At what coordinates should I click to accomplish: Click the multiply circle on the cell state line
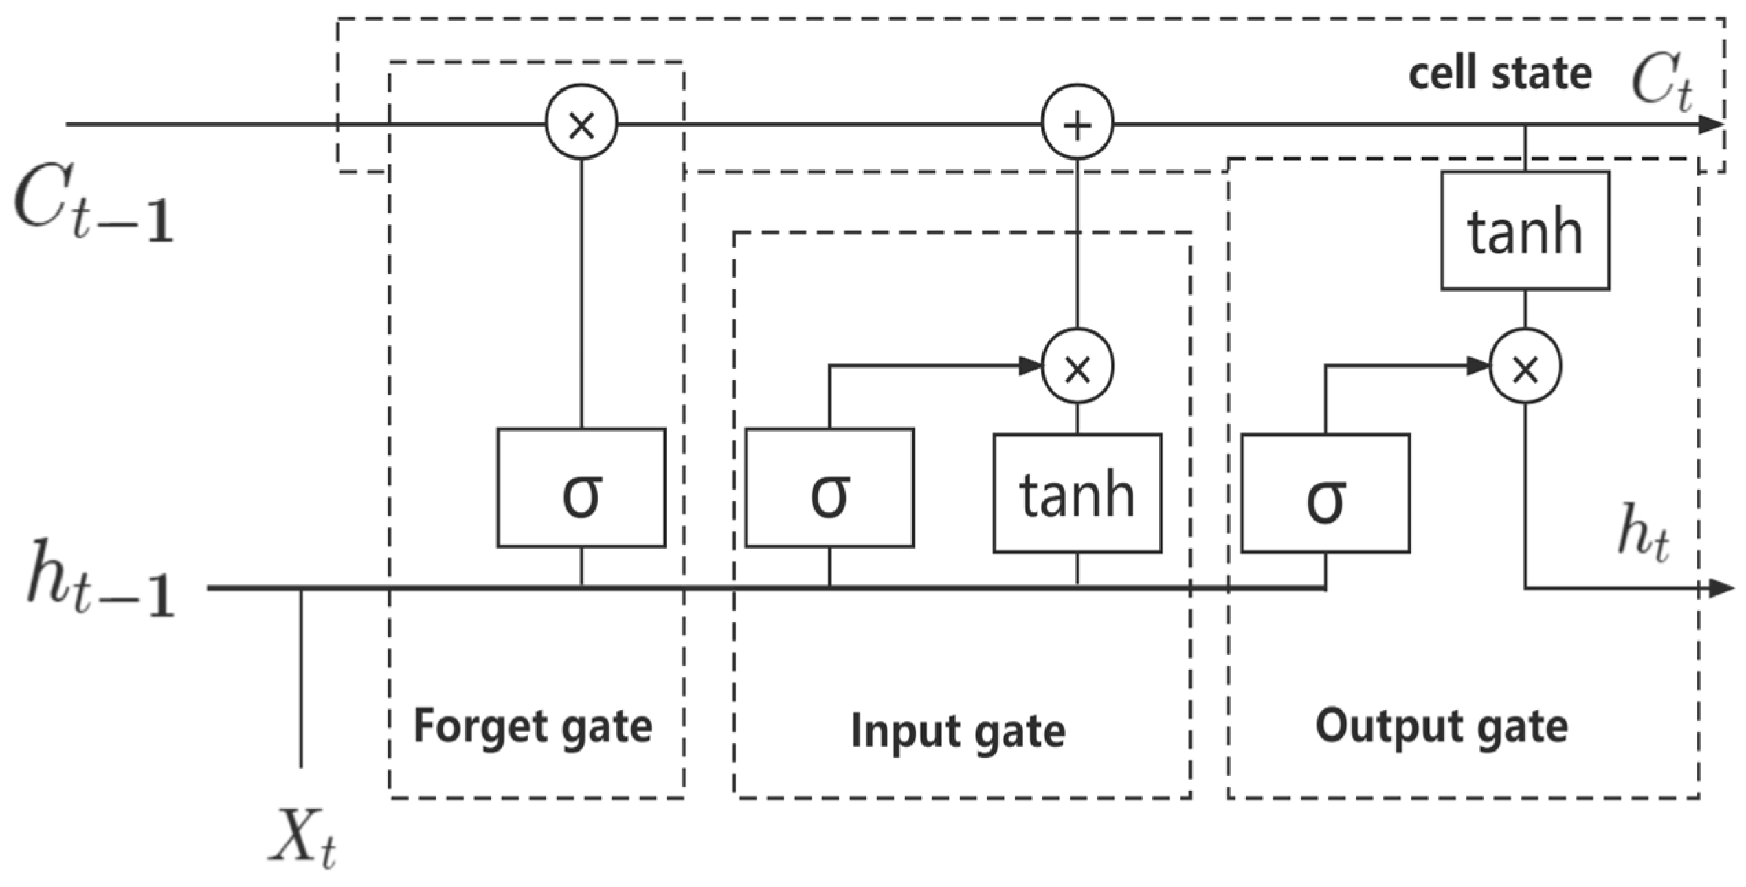pyautogui.click(x=581, y=124)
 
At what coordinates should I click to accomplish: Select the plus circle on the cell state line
pyautogui.click(x=1077, y=124)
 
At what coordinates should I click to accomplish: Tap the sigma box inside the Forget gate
pyautogui.click(x=581, y=488)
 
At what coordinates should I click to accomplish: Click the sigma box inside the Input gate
pyautogui.click(x=829, y=488)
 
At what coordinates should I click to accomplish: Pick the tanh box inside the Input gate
pyautogui.click(x=1077, y=493)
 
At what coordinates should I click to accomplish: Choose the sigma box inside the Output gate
pyautogui.click(x=1325, y=493)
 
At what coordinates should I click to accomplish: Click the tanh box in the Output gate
pyautogui.click(x=1525, y=230)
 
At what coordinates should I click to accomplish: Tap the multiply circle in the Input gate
pyautogui.click(x=1077, y=368)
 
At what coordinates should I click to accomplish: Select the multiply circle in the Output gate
pyautogui.click(x=1525, y=368)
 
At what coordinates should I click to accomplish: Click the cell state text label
pyautogui.click(x=1499, y=74)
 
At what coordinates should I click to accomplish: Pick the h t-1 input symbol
pyautogui.click(x=100, y=581)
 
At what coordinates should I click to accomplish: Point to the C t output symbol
pyautogui.click(x=1661, y=83)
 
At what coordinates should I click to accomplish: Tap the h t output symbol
pyautogui.click(x=1642, y=533)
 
